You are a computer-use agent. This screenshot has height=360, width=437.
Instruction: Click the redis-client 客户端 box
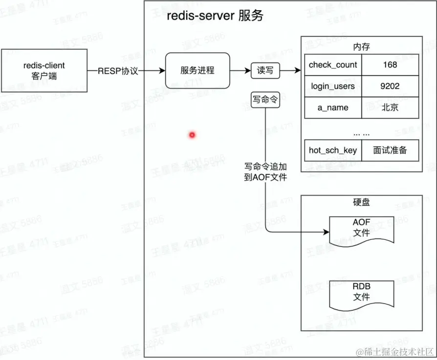click(x=44, y=71)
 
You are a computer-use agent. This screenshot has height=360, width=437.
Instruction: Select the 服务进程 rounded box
click(x=197, y=70)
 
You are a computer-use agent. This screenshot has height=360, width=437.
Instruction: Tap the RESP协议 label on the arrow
click(x=118, y=71)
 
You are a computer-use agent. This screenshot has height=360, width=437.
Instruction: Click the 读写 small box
click(x=265, y=71)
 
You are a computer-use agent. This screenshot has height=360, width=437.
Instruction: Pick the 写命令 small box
click(x=265, y=100)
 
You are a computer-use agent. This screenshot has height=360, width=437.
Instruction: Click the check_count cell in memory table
click(x=333, y=64)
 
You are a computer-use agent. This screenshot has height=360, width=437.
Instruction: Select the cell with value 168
click(x=390, y=64)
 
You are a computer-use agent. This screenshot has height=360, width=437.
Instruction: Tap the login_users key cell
click(x=333, y=86)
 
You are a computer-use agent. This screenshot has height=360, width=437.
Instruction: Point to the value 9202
click(x=390, y=86)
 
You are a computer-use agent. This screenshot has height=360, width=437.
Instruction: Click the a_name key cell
click(x=333, y=107)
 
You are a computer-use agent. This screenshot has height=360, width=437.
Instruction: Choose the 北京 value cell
click(x=390, y=107)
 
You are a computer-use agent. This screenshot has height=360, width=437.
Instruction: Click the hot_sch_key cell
click(x=333, y=150)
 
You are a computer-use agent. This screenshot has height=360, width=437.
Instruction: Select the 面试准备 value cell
click(x=390, y=150)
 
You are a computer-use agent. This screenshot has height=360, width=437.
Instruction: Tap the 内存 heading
click(x=361, y=47)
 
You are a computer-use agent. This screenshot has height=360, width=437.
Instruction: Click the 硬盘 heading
click(x=361, y=202)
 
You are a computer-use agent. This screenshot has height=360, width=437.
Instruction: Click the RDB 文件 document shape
click(x=361, y=293)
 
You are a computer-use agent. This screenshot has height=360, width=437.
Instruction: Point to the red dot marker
click(x=192, y=134)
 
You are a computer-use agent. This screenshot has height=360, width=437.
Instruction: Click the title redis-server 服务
click(x=215, y=16)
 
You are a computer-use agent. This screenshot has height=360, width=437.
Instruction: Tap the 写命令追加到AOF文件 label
click(x=265, y=171)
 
